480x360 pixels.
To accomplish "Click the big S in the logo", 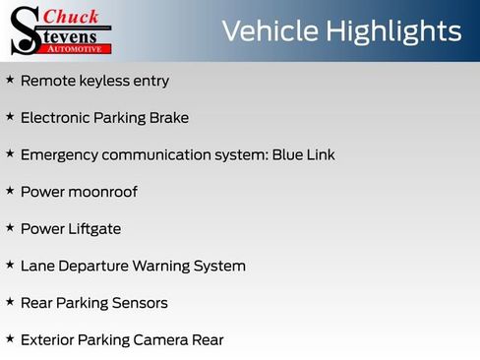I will click(24, 30).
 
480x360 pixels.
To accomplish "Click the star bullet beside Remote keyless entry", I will click(10, 80).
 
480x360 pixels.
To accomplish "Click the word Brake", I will click(168, 118).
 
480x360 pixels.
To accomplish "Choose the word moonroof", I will click(102, 192).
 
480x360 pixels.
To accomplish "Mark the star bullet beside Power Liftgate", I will click(10, 228).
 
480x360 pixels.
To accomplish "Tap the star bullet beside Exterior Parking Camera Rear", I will click(10, 339).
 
